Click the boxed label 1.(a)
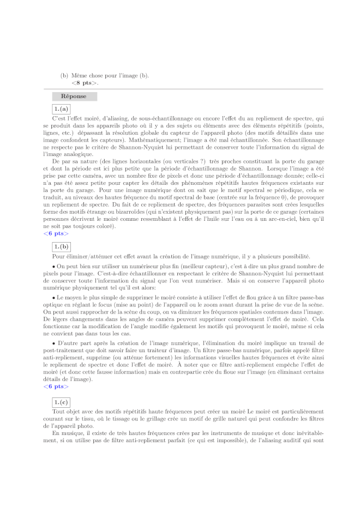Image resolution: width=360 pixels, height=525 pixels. (60, 109)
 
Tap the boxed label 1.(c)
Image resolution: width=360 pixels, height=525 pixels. (61, 402)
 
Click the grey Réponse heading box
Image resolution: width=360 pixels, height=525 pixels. (74, 96)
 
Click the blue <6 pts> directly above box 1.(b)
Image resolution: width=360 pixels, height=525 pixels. (56, 233)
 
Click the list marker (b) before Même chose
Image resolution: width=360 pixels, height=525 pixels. (64, 75)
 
